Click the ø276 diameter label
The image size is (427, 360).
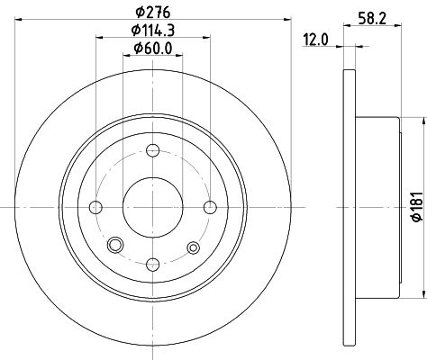click(153, 13)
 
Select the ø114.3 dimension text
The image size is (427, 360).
click(153, 30)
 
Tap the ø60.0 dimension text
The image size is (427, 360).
click(153, 49)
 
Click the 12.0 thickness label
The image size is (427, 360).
click(315, 40)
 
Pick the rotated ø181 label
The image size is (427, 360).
click(417, 207)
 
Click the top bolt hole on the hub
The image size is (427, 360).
click(153, 150)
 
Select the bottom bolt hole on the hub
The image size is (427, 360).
click(153, 265)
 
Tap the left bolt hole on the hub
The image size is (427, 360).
click(95, 207)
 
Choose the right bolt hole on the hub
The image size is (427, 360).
click(210, 207)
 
